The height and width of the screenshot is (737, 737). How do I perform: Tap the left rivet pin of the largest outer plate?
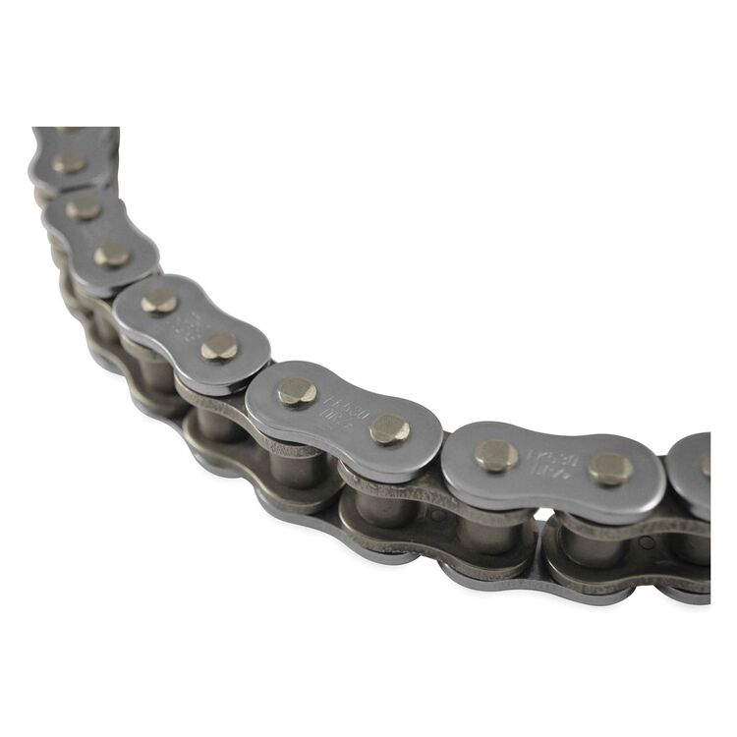(496, 454)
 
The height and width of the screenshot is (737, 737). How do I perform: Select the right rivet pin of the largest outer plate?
(610, 469)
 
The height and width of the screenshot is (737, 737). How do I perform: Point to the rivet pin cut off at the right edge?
(706, 468)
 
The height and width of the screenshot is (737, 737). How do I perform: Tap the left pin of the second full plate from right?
(297, 392)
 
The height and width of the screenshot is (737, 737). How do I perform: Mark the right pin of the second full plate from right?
(389, 428)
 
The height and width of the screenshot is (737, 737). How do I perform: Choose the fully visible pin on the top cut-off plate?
(69, 162)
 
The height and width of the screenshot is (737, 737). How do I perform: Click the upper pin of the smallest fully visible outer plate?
(84, 208)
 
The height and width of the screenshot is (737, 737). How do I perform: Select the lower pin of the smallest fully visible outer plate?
(113, 255)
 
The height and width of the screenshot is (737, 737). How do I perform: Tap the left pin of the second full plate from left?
(159, 302)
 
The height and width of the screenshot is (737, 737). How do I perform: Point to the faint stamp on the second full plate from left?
(189, 323)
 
